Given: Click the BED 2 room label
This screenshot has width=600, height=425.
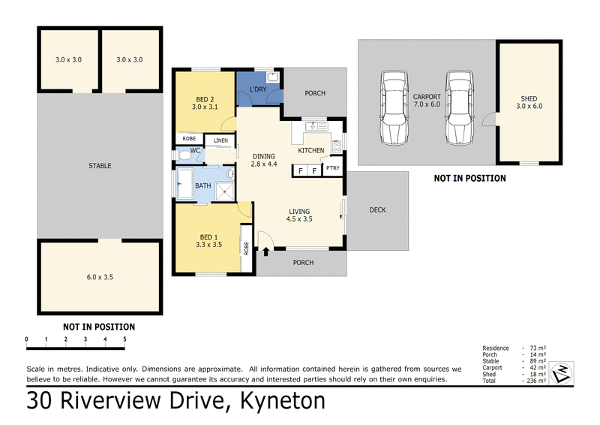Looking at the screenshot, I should [204, 99].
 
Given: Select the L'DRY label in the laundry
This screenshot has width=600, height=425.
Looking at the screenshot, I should [258, 90].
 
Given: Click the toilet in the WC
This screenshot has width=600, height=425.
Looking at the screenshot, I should [184, 155].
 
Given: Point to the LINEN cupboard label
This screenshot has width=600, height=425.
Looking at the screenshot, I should [220, 140].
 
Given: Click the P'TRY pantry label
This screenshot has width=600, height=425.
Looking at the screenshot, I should [332, 170].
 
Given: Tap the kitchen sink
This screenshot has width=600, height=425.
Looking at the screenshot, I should [313, 125].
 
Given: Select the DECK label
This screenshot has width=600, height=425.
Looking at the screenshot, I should [378, 209].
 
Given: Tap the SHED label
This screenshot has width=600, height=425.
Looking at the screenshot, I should [529, 98].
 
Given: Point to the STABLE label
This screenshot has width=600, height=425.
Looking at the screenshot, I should [99, 166].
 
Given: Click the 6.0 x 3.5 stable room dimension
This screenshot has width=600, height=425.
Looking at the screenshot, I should [99, 277].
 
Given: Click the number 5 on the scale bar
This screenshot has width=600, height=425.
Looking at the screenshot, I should [124, 339].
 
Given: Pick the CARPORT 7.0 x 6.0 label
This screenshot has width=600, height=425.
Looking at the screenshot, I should [426, 101].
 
